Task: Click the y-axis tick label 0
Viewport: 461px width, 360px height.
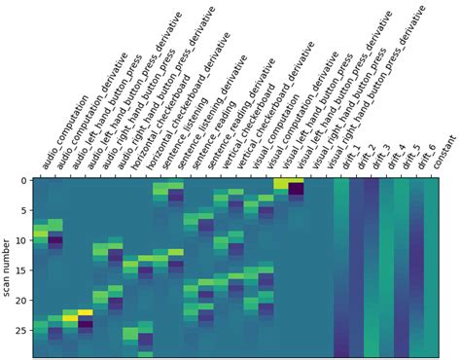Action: [22, 181]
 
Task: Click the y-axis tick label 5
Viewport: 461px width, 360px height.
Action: [22, 211]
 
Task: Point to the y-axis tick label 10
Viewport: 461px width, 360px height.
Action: [19, 240]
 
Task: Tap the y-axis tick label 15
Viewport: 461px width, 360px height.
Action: [19, 270]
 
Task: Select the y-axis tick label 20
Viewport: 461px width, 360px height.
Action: [19, 300]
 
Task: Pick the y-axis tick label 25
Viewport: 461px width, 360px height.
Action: [19, 330]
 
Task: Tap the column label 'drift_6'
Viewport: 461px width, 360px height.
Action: [425, 159]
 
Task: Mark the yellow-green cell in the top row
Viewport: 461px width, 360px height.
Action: [281, 184]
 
